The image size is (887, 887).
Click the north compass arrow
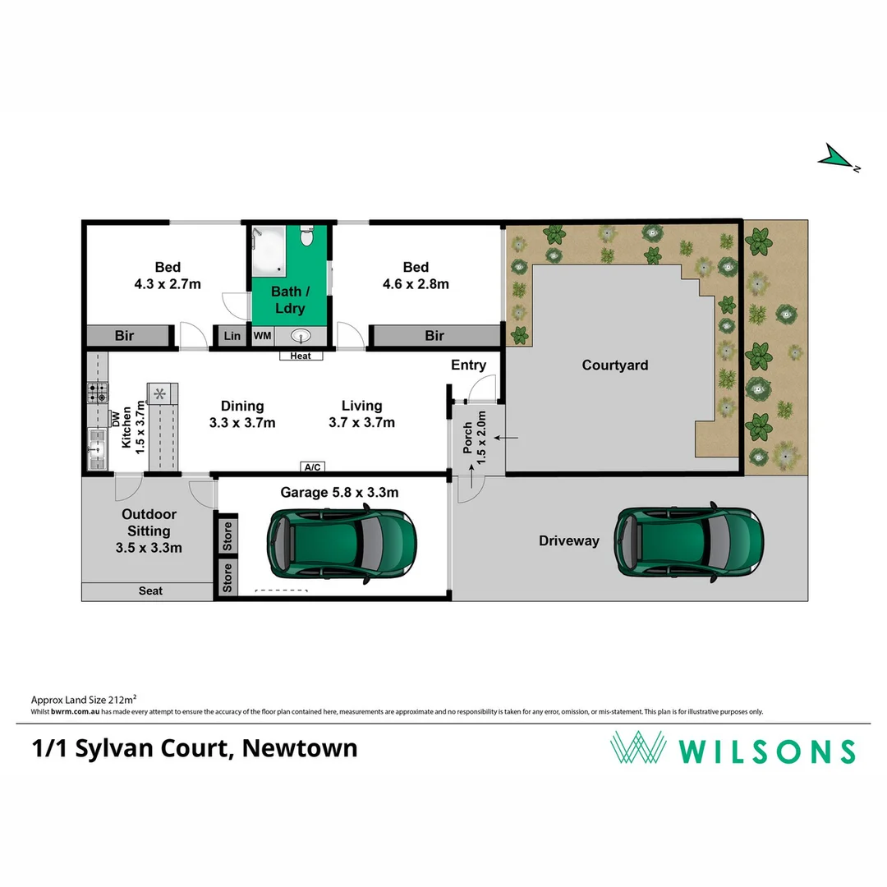tap(837, 158)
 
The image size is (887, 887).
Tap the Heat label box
tap(301, 356)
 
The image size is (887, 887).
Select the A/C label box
tap(313, 467)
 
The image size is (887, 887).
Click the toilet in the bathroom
tap(307, 237)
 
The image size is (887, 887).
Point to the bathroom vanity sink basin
tap(301, 335)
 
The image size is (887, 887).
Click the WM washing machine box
tap(262, 336)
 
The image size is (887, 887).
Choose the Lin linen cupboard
tap(232, 336)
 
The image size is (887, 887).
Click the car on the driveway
tap(690, 540)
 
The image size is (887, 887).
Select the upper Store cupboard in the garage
tap(227, 535)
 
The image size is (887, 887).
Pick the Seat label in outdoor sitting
tap(149, 591)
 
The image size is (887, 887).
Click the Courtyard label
tap(614, 365)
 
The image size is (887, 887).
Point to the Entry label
tap(468, 365)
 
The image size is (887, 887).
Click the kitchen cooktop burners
tap(96, 393)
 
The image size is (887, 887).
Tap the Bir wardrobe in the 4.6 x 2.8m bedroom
tap(434, 336)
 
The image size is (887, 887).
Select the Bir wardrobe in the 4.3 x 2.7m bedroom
tap(125, 336)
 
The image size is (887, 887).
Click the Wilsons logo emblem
tap(637, 748)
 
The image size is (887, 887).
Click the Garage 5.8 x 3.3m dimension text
tap(339, 493)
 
